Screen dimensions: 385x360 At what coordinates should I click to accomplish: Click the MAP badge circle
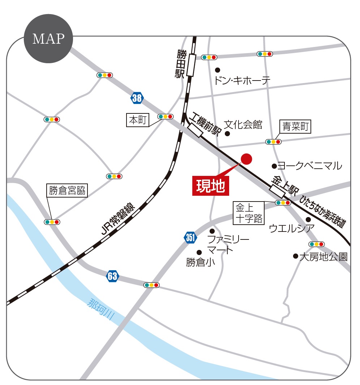point(48,39)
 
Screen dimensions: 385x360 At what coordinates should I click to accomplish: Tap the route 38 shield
point(137,98)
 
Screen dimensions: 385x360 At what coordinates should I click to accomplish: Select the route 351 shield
point(190,238)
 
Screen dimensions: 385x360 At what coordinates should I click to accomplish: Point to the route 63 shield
point(112,277)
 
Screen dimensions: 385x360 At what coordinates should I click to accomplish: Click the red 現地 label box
point(211,186)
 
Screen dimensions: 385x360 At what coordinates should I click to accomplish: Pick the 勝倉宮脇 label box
point(68,190)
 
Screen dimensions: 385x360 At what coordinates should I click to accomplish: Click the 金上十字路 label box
point(249,213)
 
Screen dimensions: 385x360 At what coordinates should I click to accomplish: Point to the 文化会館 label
point(243,125)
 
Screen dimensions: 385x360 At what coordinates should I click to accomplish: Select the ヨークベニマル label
point(309,166)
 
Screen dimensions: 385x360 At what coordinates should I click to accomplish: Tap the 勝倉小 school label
point(201,263)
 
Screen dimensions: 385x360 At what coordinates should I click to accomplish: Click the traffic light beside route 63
point(151,285)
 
